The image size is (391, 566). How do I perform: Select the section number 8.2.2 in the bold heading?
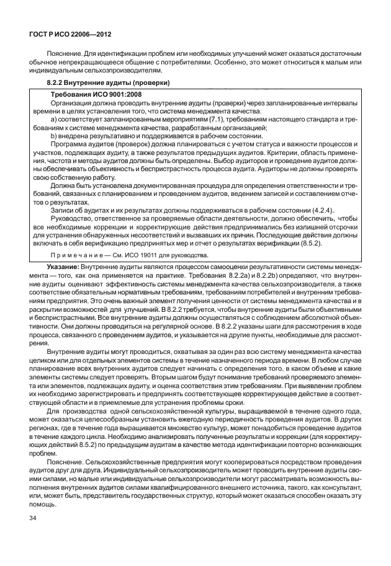click(58, 82)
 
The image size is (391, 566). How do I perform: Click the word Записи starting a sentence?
click(61, 210)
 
